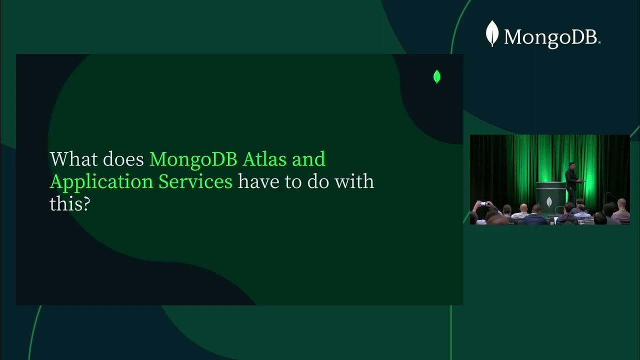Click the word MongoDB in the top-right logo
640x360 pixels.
tap(550, 37)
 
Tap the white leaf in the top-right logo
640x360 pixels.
tap(492, 33)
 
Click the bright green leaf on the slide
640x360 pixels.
tap(436, 77)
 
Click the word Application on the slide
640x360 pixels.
tap(101, 182)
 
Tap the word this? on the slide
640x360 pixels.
tap(69, 203)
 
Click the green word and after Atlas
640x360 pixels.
tap(309, 159)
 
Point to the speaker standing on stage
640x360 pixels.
tap(571, 182)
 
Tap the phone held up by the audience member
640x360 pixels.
tap(482, 203)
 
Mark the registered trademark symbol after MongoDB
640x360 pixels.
tap(599, 43)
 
